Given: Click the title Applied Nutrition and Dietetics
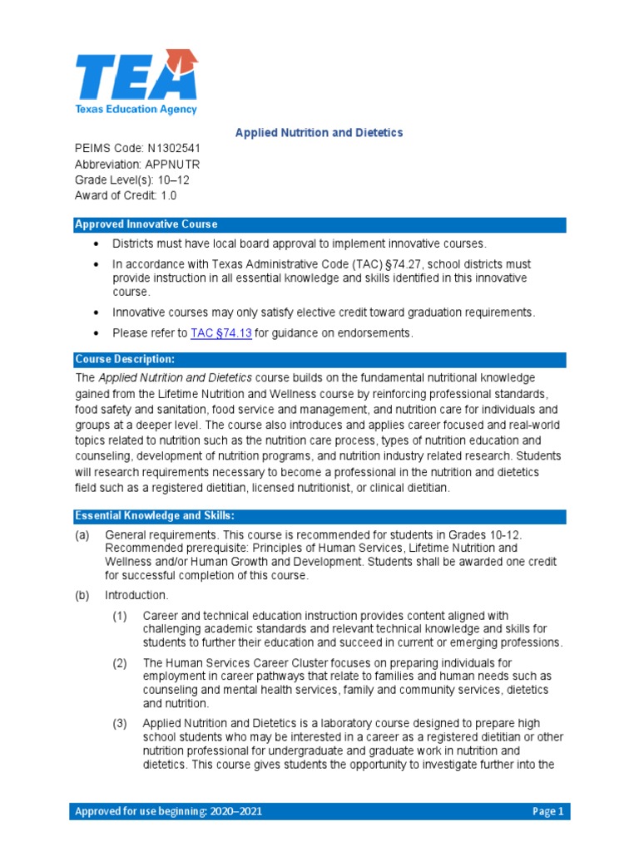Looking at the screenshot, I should [x=319, y=133].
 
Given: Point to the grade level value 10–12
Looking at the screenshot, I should [x=171, y=180].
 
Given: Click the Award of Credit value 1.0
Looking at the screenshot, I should [x=168, y=196].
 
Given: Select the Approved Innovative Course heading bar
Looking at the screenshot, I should [x=319, y=224].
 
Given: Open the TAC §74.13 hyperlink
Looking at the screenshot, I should [x=220, y=333].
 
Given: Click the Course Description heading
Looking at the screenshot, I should [x=125, y=359].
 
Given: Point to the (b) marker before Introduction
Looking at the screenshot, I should [x=82, y=595].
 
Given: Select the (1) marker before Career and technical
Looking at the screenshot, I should [x=121, y=616].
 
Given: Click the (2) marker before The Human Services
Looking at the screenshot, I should [x=121, y=663].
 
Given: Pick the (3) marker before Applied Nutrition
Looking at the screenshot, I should [x=121, y=724].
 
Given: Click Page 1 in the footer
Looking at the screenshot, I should [x=547, y=811].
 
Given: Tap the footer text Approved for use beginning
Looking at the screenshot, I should [x=168, y=811].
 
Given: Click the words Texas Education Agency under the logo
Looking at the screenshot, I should [x=136, y=109].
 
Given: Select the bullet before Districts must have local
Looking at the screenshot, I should [x=97, y=243].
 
